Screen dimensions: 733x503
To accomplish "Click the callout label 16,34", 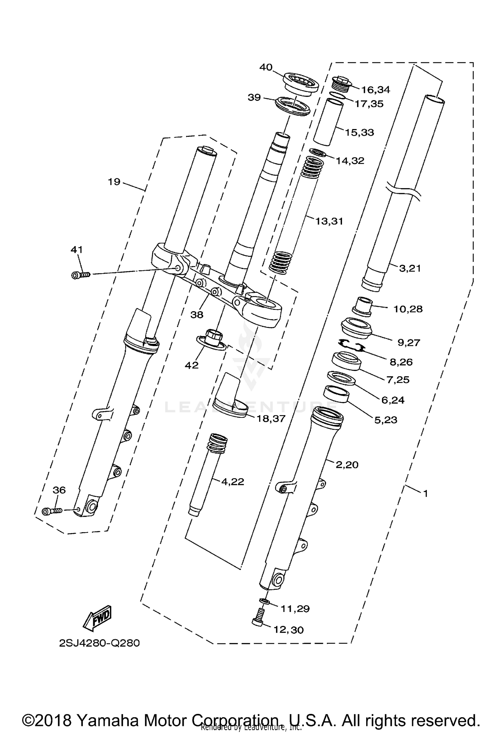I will [x=375, y=90].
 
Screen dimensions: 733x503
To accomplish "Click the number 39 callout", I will [x=254, y=97].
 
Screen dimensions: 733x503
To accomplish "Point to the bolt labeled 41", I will [x=81, y=275].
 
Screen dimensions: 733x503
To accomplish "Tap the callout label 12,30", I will [x=288, y=630].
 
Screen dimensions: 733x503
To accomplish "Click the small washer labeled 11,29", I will [x=264, y=601].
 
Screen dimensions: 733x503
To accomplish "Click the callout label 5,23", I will [x=385, y=419].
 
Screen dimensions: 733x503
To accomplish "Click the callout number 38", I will [x=197, y=315].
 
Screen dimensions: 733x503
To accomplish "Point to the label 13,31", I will [x=329, y=221].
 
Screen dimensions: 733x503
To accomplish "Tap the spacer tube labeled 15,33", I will [x=329, y=121].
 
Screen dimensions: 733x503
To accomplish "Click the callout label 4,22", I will [x=232, y=482].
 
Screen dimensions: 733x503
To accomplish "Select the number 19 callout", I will [x=114, y=182].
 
